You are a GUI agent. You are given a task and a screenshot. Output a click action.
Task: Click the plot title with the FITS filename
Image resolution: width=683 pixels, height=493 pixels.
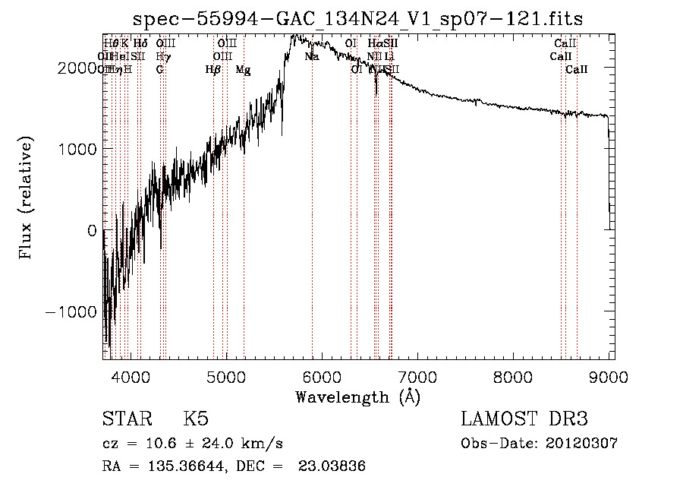pos(358,18)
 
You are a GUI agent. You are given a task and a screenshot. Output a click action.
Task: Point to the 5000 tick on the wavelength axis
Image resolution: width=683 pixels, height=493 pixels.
pos(226,376)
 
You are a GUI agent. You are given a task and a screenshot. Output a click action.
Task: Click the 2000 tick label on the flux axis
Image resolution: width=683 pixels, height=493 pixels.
pos(79,68)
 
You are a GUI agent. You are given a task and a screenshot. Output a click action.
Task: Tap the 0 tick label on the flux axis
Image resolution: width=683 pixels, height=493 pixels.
pos(92,231)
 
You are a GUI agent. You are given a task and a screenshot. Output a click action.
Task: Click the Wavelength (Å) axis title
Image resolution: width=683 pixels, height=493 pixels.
pos(357,397)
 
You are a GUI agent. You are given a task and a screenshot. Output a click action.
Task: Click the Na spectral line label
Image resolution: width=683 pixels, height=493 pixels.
pos(312,57)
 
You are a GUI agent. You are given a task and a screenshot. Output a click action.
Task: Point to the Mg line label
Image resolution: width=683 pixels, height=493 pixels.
pos(243,70)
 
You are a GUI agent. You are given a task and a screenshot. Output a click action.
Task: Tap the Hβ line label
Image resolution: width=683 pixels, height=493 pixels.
pos(212,70)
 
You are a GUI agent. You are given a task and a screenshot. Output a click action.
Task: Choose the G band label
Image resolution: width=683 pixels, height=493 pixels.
pos(159,70)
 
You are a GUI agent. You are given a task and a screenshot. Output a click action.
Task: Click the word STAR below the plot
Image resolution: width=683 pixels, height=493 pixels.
pos(124,419)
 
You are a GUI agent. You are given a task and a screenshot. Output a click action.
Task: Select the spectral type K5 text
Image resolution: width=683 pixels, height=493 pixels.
pos(196,419)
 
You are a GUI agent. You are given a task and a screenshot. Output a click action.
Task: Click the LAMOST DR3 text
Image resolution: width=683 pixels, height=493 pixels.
pos(524,419)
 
